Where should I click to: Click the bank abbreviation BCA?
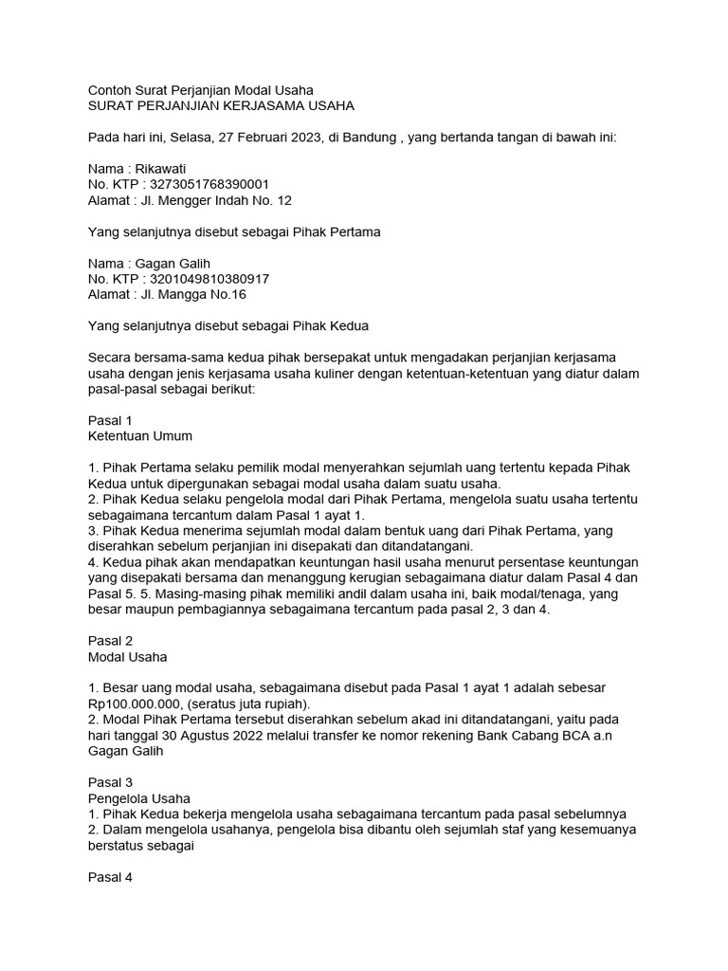click(x=551, y=736)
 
